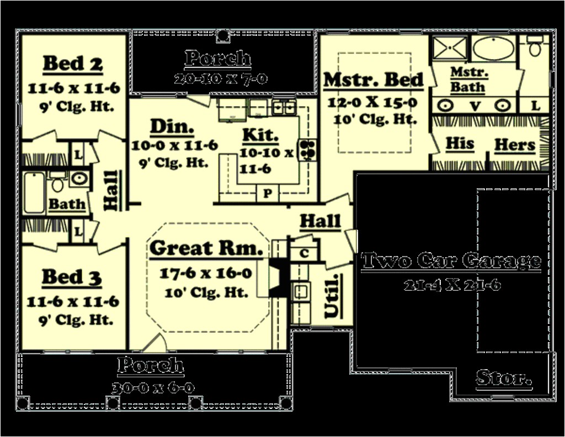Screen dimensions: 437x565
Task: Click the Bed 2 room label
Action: (x=73, y=63)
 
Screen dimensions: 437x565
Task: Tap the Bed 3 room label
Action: (x=72, y=277)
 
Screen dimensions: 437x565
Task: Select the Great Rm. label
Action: (x=206, y=248)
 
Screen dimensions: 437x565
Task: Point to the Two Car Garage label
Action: (x=451, y=260)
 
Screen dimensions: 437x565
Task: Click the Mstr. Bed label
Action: (x=374, y=79)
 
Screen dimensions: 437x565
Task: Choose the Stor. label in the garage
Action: (x=504, y=379)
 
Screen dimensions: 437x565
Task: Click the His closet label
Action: (x=460, y=143)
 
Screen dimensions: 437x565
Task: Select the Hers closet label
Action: (x=514, y=145)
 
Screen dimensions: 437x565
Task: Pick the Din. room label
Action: (x=172, y=127)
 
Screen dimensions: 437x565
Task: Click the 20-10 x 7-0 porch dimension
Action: (x=221, y=79)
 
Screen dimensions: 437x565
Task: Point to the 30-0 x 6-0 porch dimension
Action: (x=152, y=388)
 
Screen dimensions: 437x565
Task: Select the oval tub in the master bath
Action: (x=493, y=49)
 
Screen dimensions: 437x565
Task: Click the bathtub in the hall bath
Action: (x=34, y=193)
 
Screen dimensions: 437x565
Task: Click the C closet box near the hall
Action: (x=303, y=253)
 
